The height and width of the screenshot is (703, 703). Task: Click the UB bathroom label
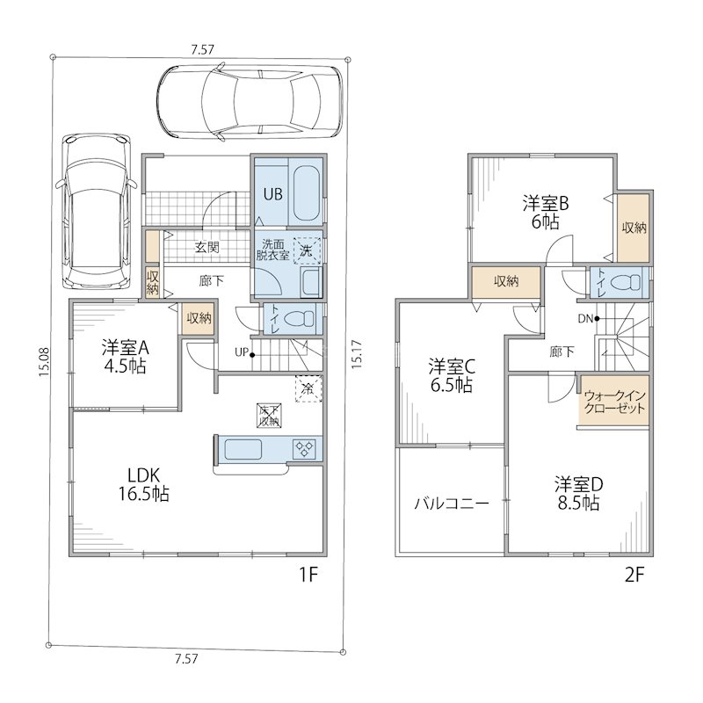(272, 194)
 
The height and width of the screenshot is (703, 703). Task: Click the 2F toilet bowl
(626, 282)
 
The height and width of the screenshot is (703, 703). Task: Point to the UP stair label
(241, 352)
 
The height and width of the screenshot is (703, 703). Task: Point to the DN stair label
(585, 319)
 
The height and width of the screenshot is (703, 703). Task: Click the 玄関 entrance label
(207, 247)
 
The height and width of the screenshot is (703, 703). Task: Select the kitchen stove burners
(304, 448)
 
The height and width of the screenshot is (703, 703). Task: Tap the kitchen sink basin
(243, 449)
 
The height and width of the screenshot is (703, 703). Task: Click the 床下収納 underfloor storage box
(269, 415)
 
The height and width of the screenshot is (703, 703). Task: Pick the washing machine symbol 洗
(307, 250)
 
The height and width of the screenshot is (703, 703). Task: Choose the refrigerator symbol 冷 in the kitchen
(308, 388)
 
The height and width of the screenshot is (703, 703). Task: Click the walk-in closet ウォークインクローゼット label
(614, 402)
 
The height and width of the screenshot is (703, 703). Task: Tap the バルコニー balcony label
(451, 504)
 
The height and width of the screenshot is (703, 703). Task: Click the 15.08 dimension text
(43, 362)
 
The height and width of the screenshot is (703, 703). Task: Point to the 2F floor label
(634, 575)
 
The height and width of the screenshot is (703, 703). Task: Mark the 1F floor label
(308, 575)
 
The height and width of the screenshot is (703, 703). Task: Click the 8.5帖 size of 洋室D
(578, 503)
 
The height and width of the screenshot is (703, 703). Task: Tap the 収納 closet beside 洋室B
(634, 228)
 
